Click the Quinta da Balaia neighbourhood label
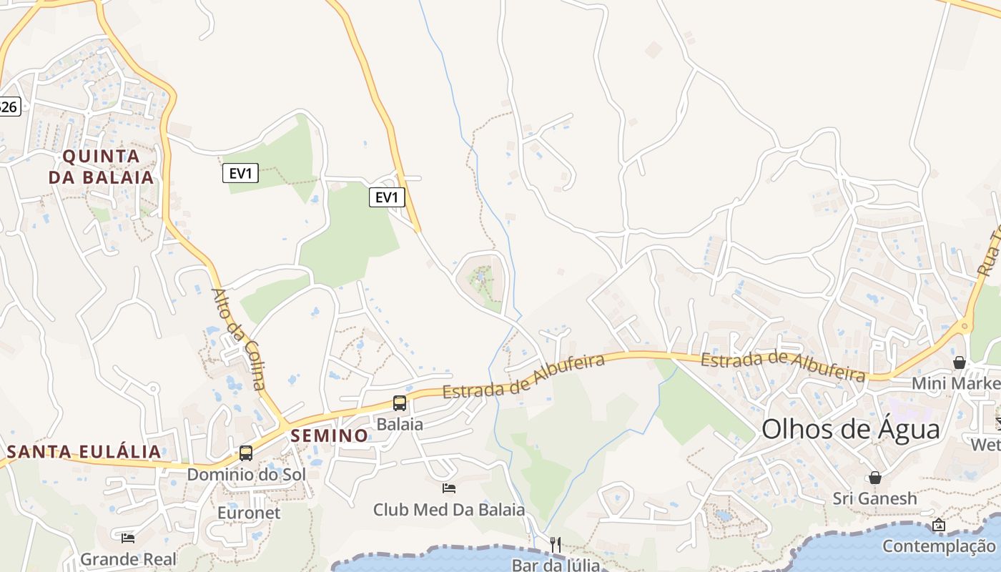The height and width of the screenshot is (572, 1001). click(x=101, y=167)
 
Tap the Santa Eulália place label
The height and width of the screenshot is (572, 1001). click(x=84, y=452)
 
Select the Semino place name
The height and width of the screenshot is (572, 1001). click(x=330, y=435)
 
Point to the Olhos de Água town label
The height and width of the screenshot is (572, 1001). click(x=850, y=429)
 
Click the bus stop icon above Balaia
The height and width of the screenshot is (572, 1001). click(x=400, y=403)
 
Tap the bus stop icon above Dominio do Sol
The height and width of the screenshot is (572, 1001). click(x=246, y=453)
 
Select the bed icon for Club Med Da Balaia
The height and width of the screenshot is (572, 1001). click(x=449, y=488)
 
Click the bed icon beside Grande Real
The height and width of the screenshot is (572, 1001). click(x=128, y=538)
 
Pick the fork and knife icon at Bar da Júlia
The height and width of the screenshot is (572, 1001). click(x=556, y=544)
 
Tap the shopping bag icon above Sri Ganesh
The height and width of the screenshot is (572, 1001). click(x=874, y=477)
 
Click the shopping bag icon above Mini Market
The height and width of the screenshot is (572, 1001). click(x=960, y=363)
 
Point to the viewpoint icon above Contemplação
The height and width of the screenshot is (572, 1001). click(x=939, y=526)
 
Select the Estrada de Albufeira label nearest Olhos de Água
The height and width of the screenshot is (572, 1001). click(x=783, y=365)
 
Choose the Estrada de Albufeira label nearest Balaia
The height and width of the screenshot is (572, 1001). click(x=523, y=377)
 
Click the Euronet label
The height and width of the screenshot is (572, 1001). click(x=249, y=513)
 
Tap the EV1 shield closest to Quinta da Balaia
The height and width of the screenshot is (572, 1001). click(x=240, y=173)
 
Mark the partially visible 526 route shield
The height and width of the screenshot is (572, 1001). click(x=9, y=107)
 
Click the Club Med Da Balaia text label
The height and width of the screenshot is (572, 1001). click(x=449, y=510)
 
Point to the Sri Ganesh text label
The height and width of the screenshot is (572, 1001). click(x=874, y=498)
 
